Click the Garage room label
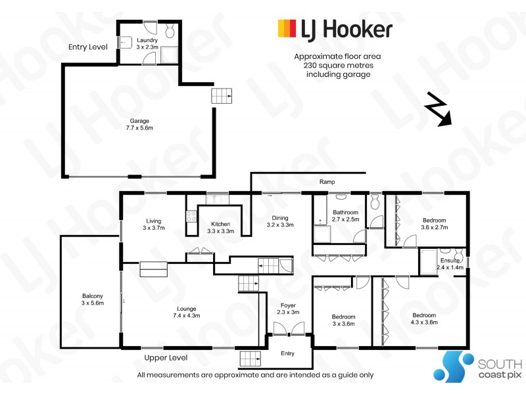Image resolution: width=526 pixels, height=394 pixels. (139, 121)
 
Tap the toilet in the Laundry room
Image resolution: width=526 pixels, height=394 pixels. (170, 31)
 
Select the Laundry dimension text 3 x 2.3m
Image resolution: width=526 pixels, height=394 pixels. (147, 47)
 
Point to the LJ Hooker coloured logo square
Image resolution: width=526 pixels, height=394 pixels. (287, 28)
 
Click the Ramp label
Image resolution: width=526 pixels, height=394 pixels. (327, 182)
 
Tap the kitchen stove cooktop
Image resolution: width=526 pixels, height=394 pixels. (191, 217)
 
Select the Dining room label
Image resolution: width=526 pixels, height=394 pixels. (280, 218)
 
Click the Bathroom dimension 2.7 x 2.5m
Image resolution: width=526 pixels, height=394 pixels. (346, 219)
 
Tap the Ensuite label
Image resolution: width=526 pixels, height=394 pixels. (450, 260)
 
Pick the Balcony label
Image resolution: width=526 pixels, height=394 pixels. (93, 296)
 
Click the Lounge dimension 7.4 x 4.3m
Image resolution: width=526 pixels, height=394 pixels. (187, 316)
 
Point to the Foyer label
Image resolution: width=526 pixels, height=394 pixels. (288, 305)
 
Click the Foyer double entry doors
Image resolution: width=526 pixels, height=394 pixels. (289, 328)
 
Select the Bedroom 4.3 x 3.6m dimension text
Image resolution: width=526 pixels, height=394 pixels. (424, 322)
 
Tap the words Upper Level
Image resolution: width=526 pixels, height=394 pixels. (166, 358)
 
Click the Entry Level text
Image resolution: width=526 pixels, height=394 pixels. (88, 47)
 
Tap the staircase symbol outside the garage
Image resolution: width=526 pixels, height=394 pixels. (222, 96)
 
